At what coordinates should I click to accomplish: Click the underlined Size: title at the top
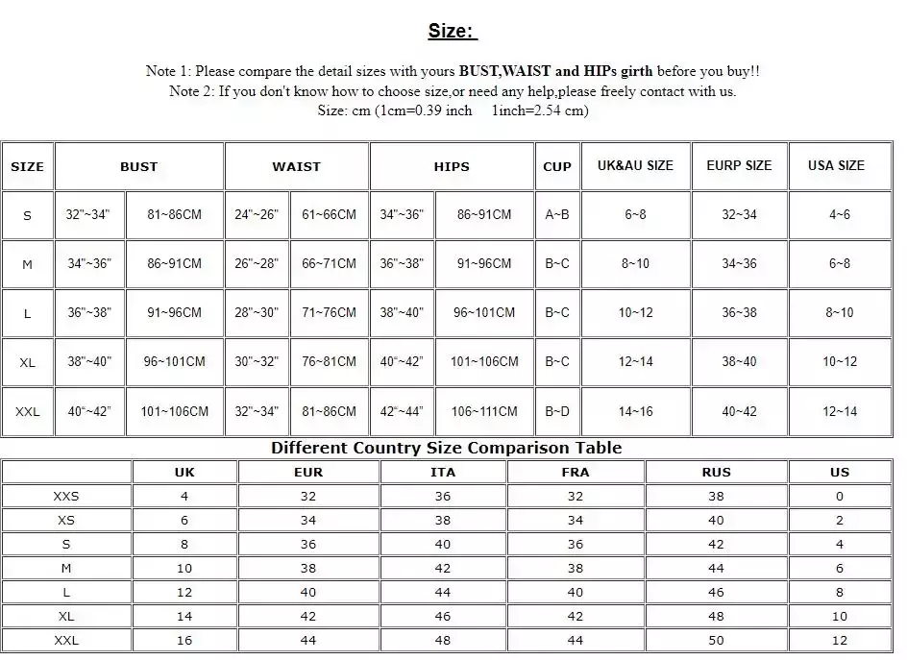[x=452, y=31]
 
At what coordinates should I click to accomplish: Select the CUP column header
[x=557, y=166]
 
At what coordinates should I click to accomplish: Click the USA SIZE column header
[x=836, y=165]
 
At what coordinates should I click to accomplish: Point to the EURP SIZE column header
[x=739, y=165]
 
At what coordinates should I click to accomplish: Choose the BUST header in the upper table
[x=138, y=166]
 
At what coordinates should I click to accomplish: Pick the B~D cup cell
[x=557, y=411]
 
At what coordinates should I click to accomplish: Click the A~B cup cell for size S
[x=557, y=214]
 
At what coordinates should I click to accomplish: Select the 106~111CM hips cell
[x=484, y=411]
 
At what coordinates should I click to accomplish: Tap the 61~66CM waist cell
[x=329, y=214]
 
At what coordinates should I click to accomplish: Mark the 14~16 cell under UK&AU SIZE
[x=635, y=411]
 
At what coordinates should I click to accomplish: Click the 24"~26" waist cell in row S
[x=257, y=214]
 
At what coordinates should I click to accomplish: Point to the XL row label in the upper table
[x=27, y=362]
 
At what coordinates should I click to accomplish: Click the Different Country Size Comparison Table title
[x=446, y=448]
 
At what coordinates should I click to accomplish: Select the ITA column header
[x=443, y=472]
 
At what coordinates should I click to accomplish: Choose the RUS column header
[x=716, y=472]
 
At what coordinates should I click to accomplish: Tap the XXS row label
[x=66, y=496]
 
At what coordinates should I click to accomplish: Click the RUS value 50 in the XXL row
[x=716, y=640]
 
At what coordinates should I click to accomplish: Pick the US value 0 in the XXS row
[x=840, y=496]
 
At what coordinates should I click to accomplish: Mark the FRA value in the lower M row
[x=575, y=568]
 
